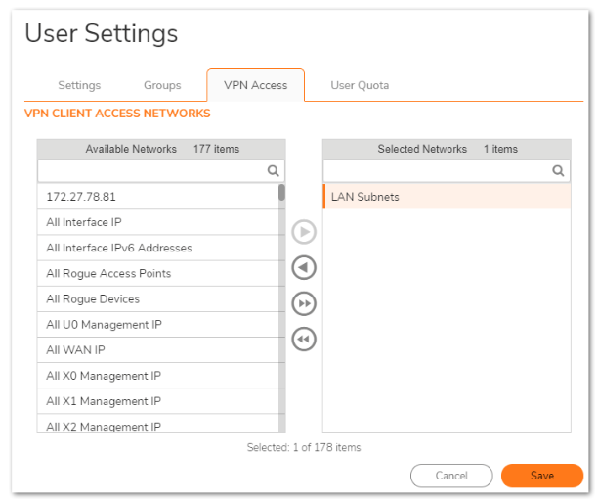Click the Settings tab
79,85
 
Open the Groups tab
162,85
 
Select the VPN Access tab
255,85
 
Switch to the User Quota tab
360,85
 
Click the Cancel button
451,476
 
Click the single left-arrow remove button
305,267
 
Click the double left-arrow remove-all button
305,339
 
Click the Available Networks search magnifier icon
274,170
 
